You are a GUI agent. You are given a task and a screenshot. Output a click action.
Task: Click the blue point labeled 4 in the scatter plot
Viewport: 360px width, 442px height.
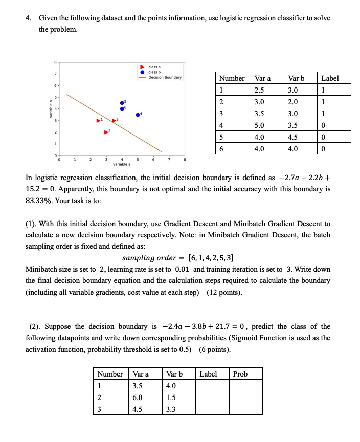tap(138, 115)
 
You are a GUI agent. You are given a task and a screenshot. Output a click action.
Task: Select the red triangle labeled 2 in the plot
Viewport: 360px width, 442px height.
tap(106, 132)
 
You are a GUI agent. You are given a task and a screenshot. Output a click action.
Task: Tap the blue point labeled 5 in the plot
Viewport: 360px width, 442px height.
tap(122, 103)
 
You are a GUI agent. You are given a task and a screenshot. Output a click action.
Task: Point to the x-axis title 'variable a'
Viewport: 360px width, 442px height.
tap(122, 165)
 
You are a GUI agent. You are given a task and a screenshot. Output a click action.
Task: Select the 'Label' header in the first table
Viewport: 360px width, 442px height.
tap(330, 78)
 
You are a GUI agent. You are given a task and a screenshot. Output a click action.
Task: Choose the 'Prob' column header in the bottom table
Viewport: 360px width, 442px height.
tap(240, 374)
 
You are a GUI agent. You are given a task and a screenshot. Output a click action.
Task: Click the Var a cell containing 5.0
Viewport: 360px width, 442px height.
tap(259, 124)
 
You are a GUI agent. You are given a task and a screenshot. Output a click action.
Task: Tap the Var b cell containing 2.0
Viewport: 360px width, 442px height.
tap(292, 101)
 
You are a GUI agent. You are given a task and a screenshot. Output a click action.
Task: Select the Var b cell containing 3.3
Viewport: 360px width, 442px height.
tap(170, 409)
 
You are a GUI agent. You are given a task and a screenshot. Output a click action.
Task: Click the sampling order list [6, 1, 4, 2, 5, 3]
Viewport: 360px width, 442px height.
tap(213, 257)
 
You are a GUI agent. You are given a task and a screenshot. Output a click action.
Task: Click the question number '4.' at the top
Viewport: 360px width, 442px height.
tap(29, 18)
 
